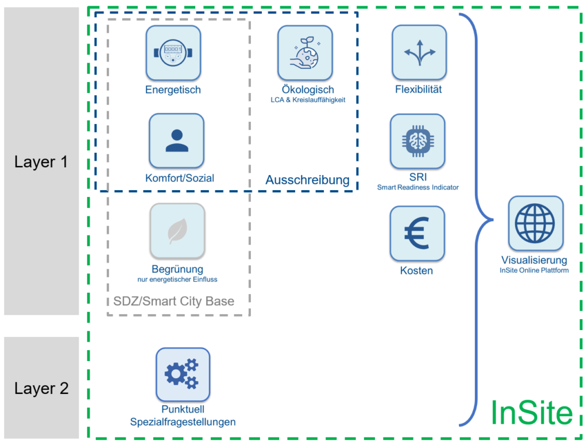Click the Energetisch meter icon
pos(173,53)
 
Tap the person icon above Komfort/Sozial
pos(176,141)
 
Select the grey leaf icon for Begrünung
pos(177,231)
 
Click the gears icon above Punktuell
pos(183,374)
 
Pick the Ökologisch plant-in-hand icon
pos(305,53)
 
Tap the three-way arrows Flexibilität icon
pos(419,52)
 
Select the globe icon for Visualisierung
pos(535,223)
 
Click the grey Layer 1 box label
pos(41,162)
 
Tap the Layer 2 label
pos(41,388)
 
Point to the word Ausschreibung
pos(307,180)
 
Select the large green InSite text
pos(531,412)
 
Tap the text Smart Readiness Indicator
pos(417,187)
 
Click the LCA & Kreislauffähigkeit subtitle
pos(308,100)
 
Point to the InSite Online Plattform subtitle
pos(534,270)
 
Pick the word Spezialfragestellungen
pos(183,422)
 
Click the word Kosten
pos(416,270)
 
